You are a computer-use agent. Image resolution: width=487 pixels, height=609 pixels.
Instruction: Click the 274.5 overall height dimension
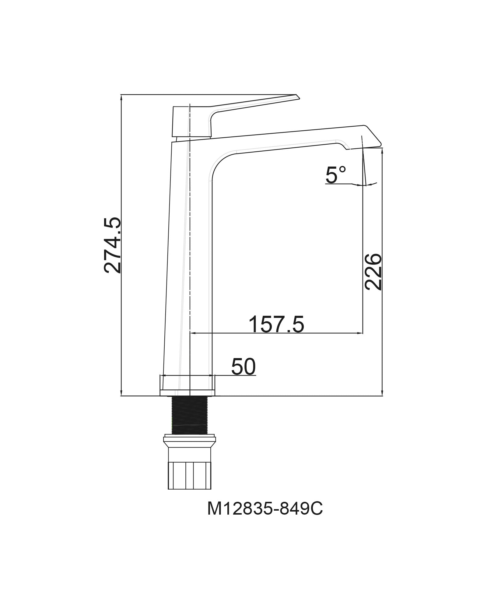(x=112, y=245)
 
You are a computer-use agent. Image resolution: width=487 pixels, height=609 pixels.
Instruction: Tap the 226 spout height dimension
(x=373, y=272)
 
